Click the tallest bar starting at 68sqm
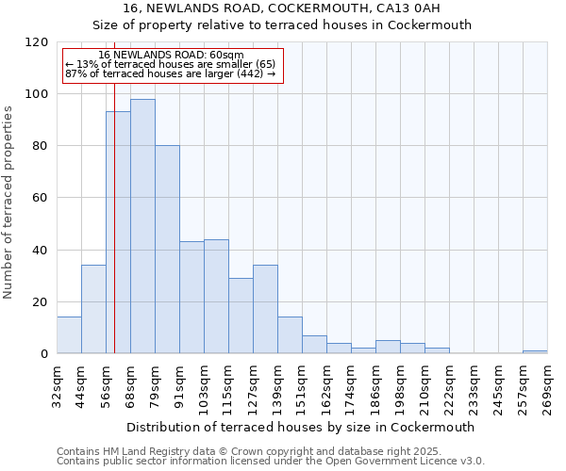tap(142, 226)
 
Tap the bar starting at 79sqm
tap(167, 250)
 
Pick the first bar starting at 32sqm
tap(69, 335)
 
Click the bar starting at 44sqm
tap(93, 309)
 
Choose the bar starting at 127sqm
tap(265, 309)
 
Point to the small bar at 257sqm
tap(535, 351)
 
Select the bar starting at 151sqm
tap(314, 345)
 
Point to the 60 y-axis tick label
tap(41, 198)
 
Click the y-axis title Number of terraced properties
tap(8, 203)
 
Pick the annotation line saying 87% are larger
tap(170, 73)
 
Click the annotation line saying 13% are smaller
tap(170, 64)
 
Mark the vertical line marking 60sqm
tap(114, 235)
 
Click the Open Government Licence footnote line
tap(271, 462)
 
